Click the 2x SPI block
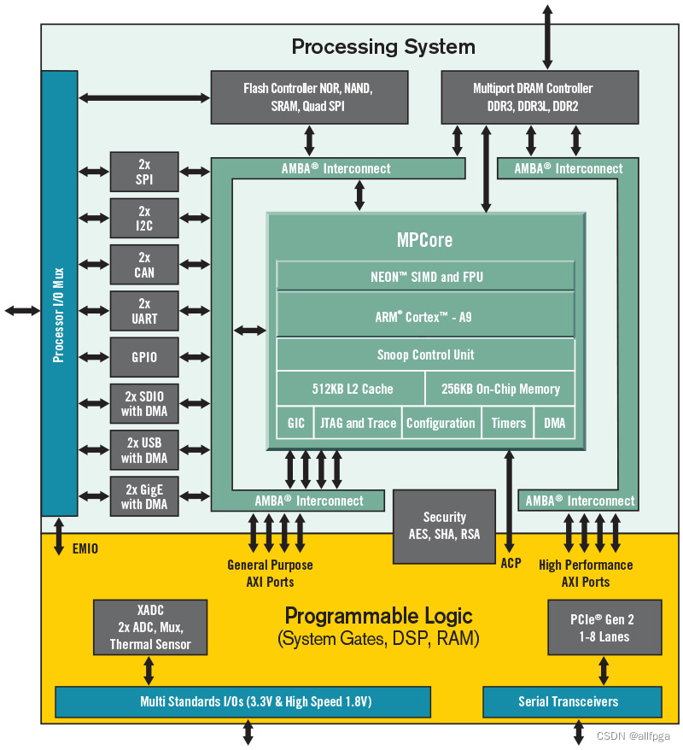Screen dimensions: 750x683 click(144, 172)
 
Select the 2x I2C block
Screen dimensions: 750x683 click(144, 218)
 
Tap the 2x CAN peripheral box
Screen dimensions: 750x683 click(144, 264)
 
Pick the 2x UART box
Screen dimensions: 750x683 click(144, 310)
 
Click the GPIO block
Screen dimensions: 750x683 click(144, 356)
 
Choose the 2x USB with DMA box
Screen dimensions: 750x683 click(144, 449)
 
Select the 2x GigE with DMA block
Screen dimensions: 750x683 click(144, 495)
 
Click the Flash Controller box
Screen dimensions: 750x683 click(308, 97)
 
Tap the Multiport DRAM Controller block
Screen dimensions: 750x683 click(538, 97)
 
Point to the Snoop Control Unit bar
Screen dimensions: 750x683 click(425, 354)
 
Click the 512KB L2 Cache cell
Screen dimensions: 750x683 click(352, 389)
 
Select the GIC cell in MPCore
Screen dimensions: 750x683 click(295, 423)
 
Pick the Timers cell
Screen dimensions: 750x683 click(509, 423)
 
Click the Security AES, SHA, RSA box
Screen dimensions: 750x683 click(444, 526)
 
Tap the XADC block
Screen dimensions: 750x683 click(150, 628)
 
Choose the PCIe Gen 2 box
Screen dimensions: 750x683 click(604, 628)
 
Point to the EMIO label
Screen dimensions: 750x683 click(86, 548)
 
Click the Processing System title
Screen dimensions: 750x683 click(383, 46)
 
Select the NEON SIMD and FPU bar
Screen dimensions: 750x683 click(425, 276)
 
